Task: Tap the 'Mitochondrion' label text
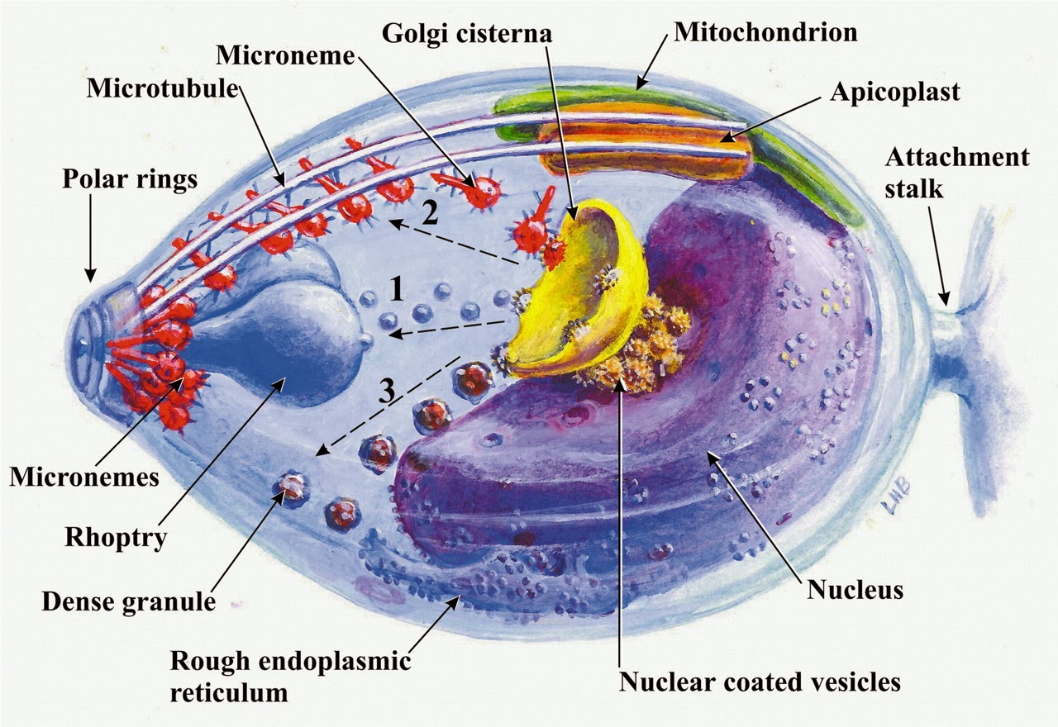(x=765, y=32)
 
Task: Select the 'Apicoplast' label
(x=894, y=91)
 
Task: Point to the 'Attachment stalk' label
(x=957, y=171)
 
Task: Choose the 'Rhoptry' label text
(x=117, y=538)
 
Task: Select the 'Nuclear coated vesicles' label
(x=759, y=682)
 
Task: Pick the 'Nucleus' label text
(x=855, y=590)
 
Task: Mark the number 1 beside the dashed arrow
(x=398, y=289)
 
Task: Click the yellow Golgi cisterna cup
(x=579, y=289)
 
